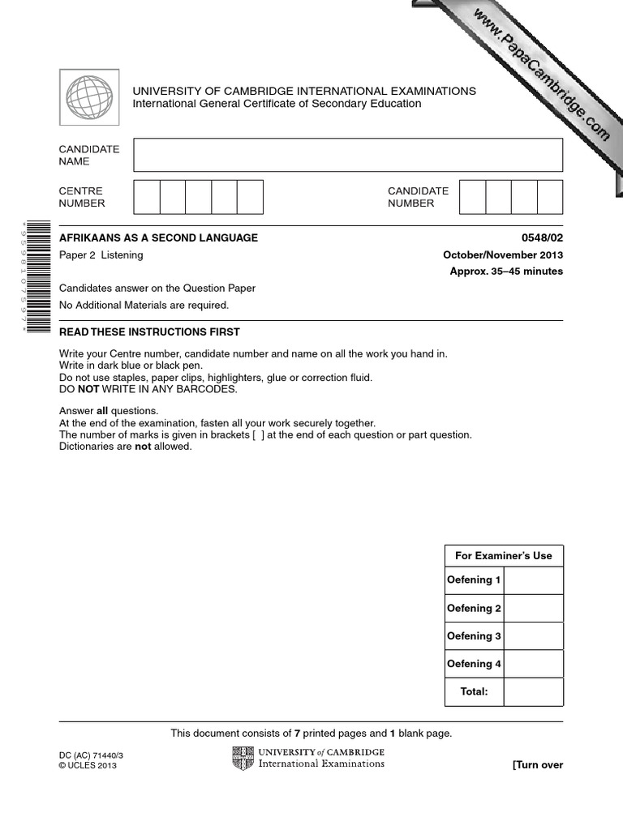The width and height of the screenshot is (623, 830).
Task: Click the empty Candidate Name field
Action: click(x=347, y=155)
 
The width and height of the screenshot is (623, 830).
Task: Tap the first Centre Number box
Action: click(x=147, y=197)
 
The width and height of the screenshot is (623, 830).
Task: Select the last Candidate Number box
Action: click(x=549, y=197)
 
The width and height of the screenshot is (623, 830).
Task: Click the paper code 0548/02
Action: click(x=542, y=238)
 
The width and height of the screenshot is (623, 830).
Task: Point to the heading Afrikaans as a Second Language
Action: click(x=158, y=238)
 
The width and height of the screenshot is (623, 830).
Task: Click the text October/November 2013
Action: click(x=502, y=255)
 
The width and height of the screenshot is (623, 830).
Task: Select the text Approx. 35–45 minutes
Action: click(x=506, y=272)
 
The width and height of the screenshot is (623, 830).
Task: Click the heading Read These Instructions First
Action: click(x=149, y=332)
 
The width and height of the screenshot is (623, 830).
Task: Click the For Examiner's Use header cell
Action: click(x=503, y=556)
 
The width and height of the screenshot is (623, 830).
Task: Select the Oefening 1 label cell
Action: click(x=474, y=580)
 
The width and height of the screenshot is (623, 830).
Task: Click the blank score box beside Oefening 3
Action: click(x=533, y=636)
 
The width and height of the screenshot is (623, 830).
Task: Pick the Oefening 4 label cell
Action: click(x=474, y=664)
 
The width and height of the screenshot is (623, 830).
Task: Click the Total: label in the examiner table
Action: click(x=474, y=692)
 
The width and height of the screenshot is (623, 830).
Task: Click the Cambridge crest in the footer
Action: click(x=243, y=758)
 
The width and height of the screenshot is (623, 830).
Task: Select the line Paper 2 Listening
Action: click(x=101, y=255)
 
